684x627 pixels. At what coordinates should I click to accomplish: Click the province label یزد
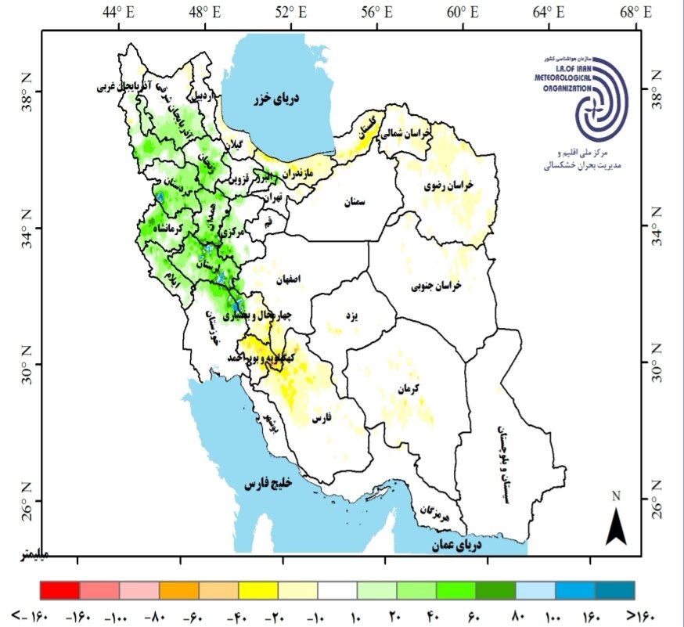(x=351, y=315)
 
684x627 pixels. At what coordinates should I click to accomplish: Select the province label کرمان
(x=409, y=388)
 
